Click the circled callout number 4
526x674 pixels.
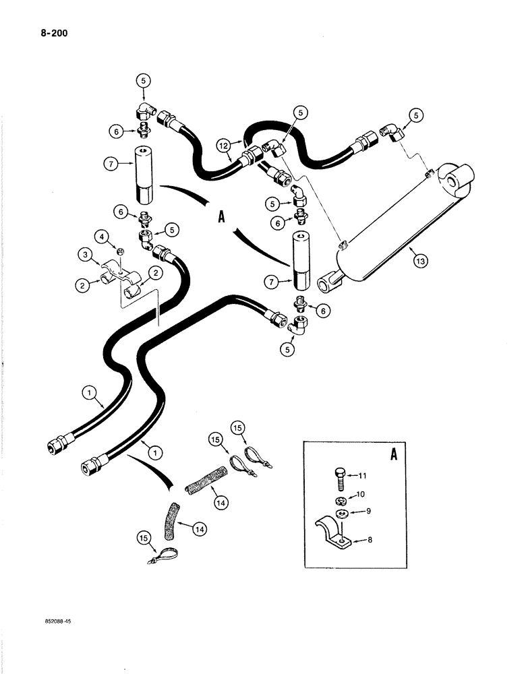[102, 236]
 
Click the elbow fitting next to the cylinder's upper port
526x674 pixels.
[392, 130]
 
